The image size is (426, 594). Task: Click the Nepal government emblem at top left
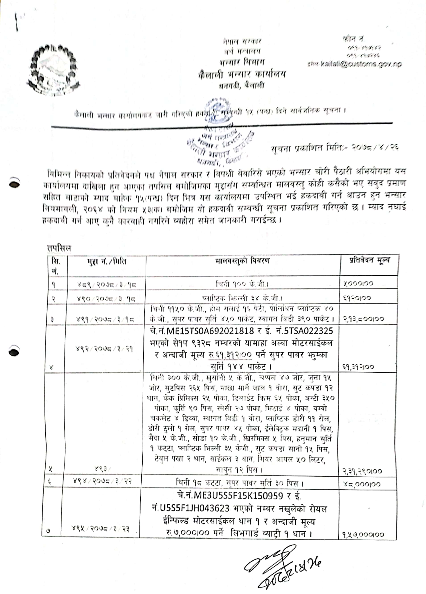click(x=54, y=67)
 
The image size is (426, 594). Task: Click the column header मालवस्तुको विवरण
click(x=242, y=261)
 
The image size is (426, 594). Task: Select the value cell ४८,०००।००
click(x=362, y=484)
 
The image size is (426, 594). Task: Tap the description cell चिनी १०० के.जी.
click(x=242, y=284)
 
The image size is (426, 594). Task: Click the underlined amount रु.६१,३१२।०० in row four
click(x=230, y=355)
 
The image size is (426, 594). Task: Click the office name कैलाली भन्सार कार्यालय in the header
click(x=242, y=75)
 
